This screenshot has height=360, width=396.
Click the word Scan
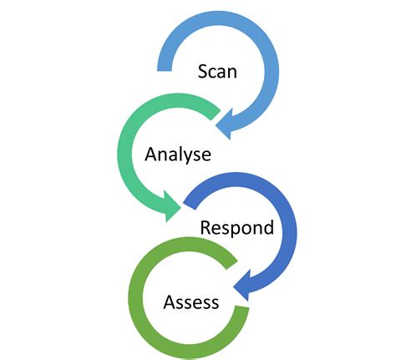pyautogui.click(x=217, y=71)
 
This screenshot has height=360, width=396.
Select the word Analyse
pyautogui.click(x=178, y=155)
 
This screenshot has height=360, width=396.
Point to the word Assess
pyautogui.click(x=191, y=301)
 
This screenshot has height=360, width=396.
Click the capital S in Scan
pyautogui.click(x=203, y=71)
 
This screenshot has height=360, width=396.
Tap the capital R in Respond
pyautogui.click(x=204, y=227)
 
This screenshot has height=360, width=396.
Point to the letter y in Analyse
pyautogui.click(x=190, y=157)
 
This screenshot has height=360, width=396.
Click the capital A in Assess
pyautogui.click(x=170, y=301)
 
